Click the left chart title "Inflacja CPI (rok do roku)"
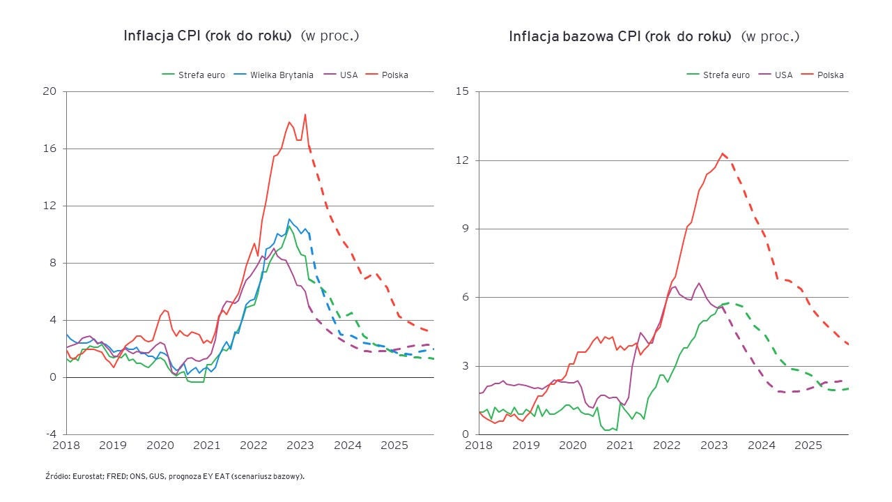coord(207,36)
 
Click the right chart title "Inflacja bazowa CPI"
coord(620,36)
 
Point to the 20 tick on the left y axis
coord(49,91)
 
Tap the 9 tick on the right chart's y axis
coord(465,229)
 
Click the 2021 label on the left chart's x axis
coord(207,445)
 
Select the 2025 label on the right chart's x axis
coord(808,445)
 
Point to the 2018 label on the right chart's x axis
coord(479,445)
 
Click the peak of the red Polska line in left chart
coord(305,114)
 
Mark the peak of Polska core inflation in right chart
coord(723,153)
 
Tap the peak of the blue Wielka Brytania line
coord(289,219)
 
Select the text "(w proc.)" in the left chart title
coord(330,36)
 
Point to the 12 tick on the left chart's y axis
coord(49,206)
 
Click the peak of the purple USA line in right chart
coord(699,283)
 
